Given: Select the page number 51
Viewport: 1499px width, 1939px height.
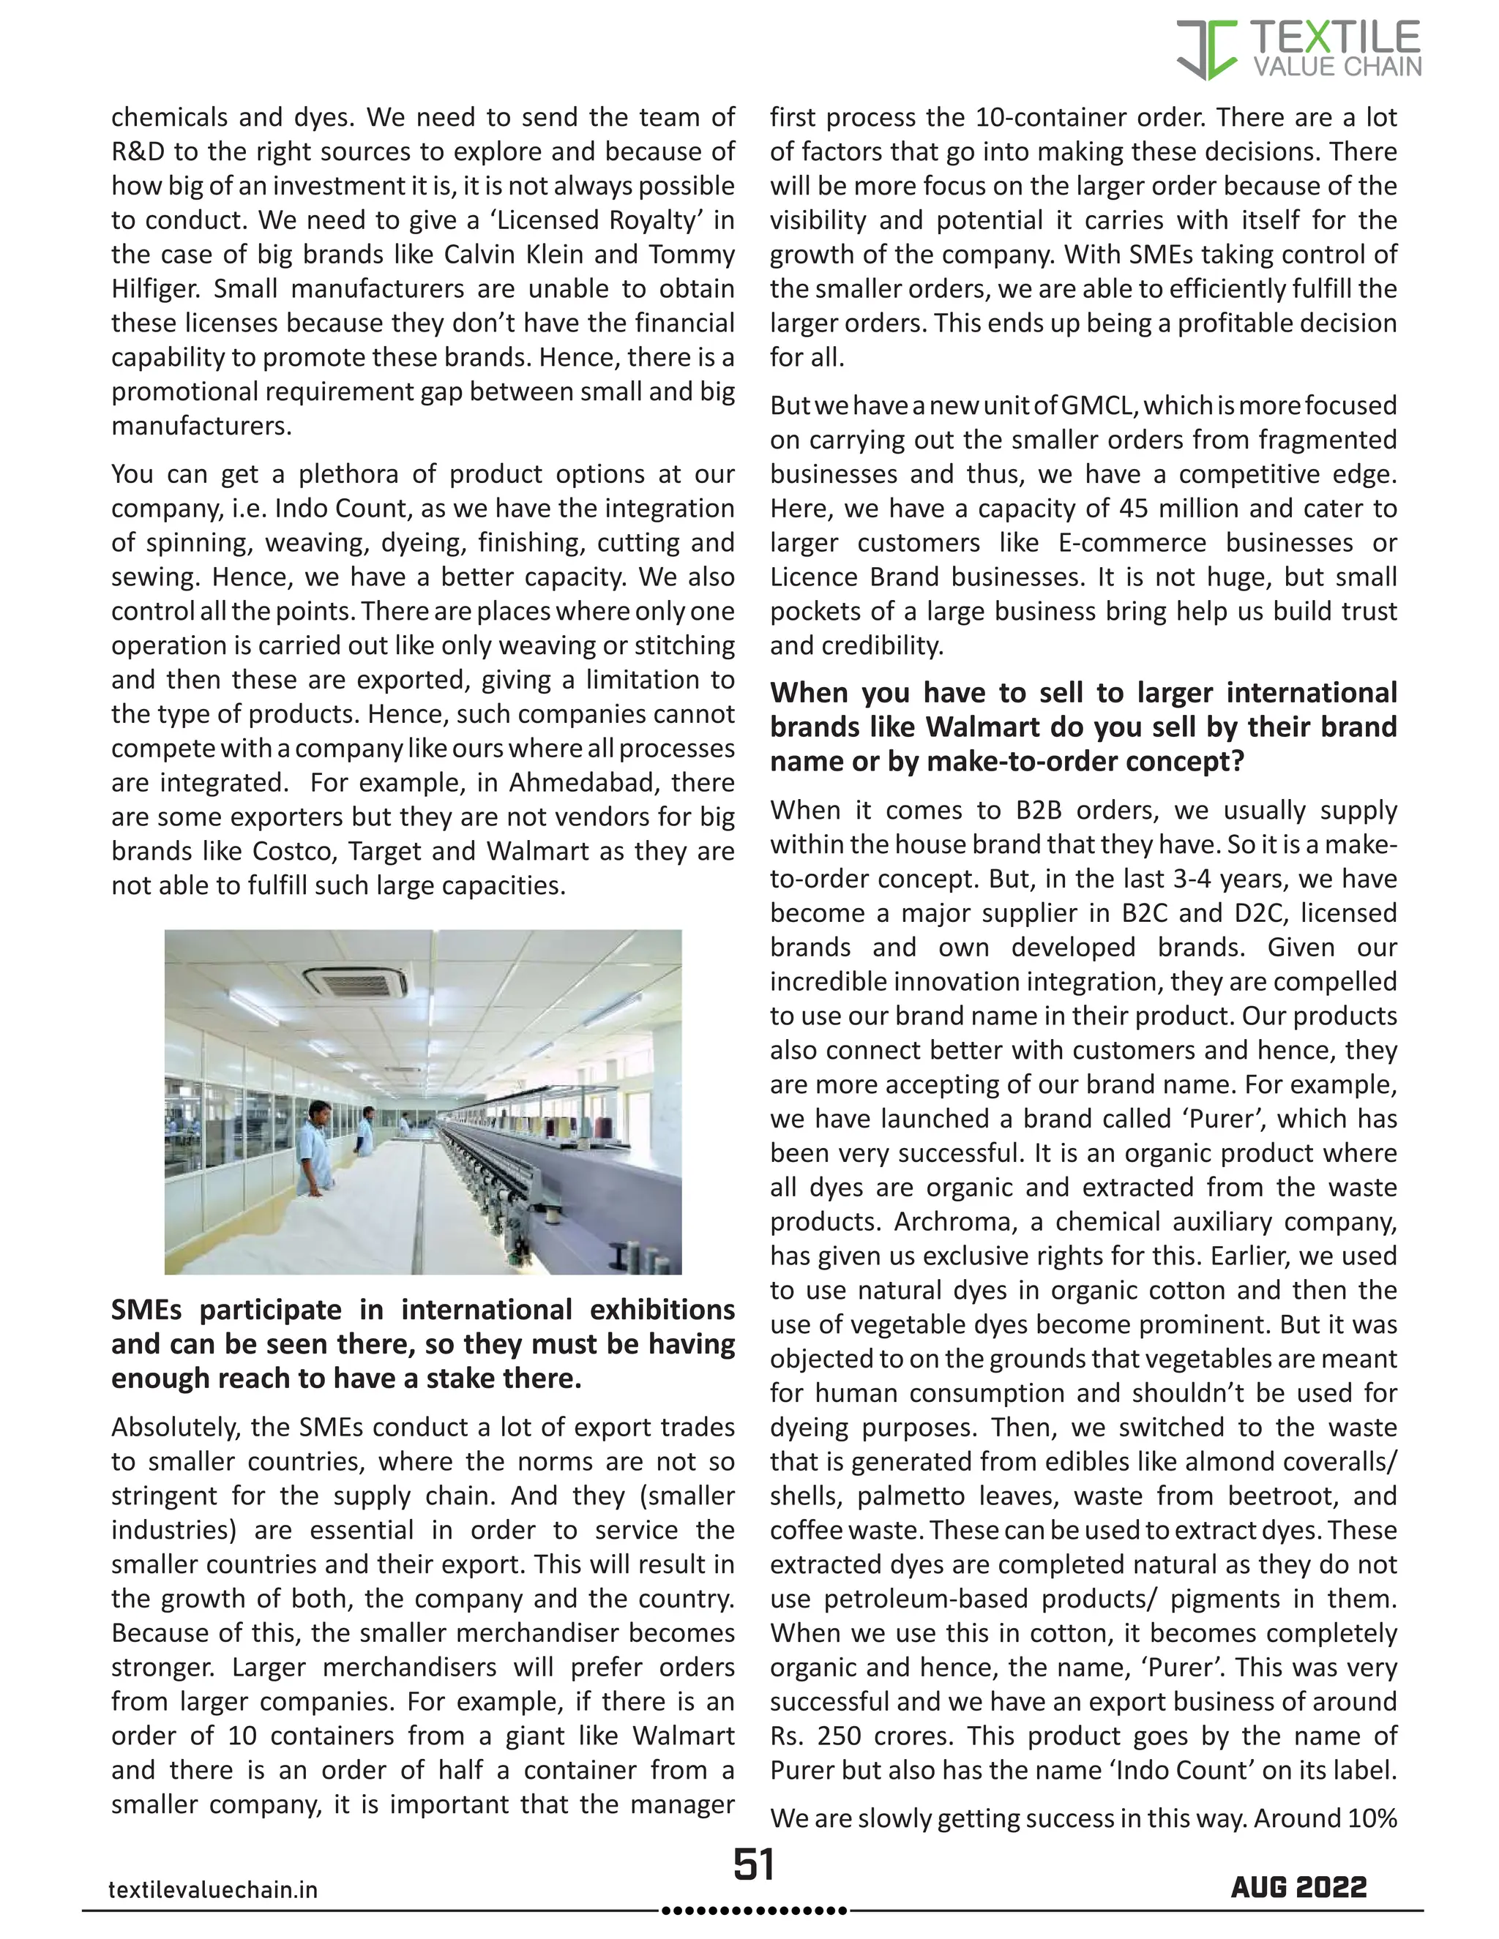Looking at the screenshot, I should coord(753,1864).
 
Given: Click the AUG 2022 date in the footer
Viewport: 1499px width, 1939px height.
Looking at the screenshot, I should coord(1298,1888).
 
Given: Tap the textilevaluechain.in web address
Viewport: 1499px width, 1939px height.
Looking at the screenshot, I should coord(213,1890).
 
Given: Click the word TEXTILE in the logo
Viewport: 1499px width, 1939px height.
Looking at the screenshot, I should coord(1335,37).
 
